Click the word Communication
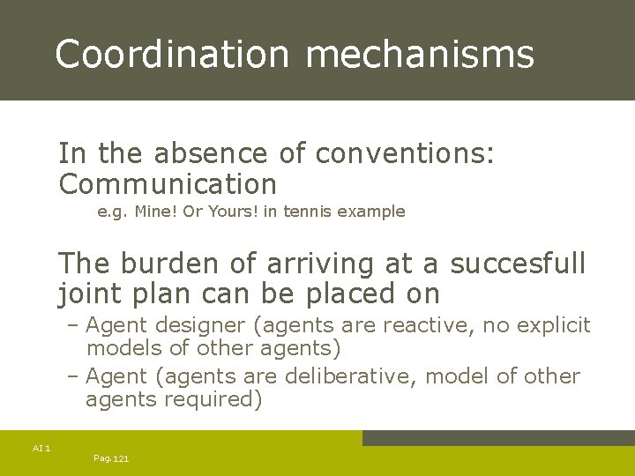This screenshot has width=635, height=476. click(168, 184)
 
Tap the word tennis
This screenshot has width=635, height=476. click(304, 212)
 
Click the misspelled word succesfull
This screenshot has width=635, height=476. click(518, 263)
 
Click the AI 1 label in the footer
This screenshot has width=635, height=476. click(41, 449)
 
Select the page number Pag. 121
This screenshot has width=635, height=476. click(111, 459)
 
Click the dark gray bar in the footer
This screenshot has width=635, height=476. click(498, 438)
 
